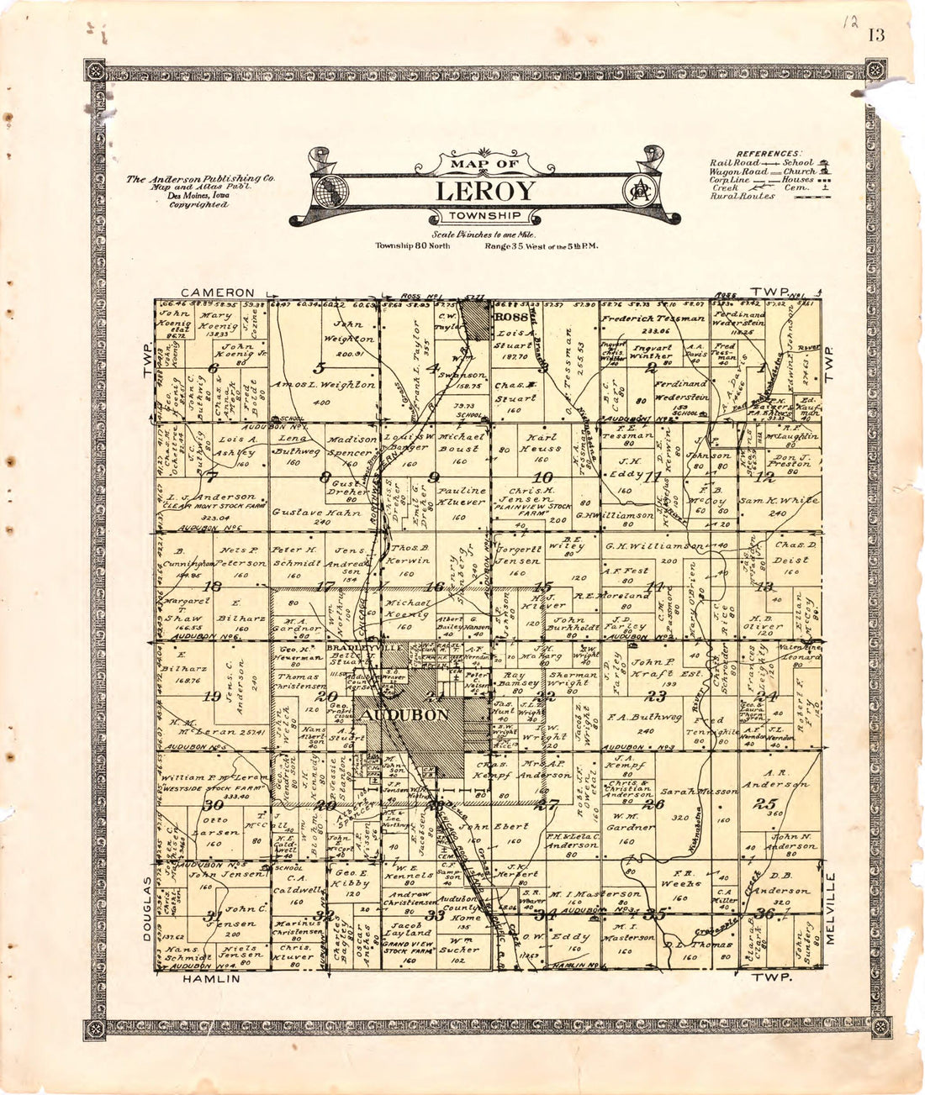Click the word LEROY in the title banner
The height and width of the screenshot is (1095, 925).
[x=485, y=192]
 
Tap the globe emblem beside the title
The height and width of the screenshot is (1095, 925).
[x=330, y=190]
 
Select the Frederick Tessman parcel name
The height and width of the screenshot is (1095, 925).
[x=653, y=319]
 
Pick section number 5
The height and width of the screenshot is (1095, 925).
[x=319, y=366]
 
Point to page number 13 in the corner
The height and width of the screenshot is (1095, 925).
[x=877, y=35]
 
